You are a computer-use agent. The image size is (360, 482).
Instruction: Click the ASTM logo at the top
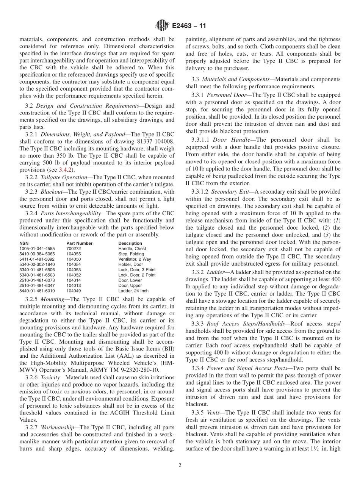pos(162,26)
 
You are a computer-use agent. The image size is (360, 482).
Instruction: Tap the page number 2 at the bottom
pos(180,466)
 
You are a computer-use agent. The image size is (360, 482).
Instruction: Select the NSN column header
pos(24,243)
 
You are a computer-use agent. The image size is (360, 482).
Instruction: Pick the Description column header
pos(130,243)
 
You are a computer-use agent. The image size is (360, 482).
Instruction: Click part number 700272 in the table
pos(74,249)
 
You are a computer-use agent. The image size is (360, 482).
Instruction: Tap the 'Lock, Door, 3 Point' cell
pos(137,270)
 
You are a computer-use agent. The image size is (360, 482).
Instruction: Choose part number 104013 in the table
pos(74,285)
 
